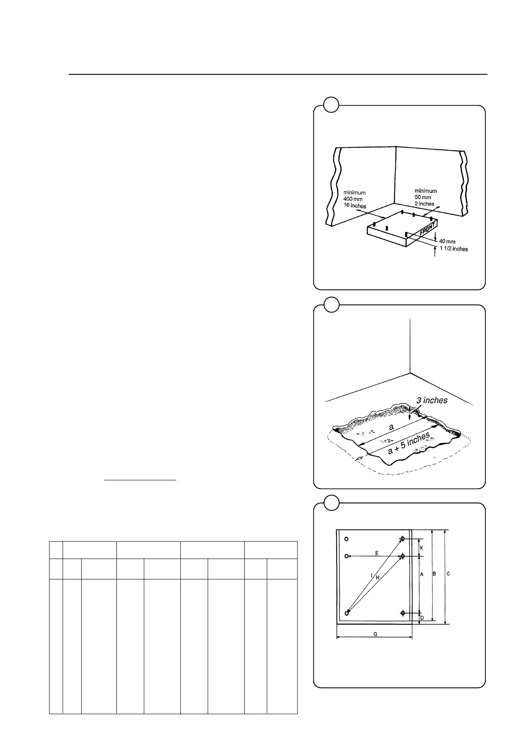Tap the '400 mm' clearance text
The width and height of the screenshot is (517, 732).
[354, 199]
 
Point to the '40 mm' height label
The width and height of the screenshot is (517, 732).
[447, 242]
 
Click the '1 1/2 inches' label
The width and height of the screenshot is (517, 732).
[454, 249]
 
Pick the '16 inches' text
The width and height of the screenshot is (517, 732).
[355, 206]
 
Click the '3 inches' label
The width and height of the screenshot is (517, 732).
[432, 400]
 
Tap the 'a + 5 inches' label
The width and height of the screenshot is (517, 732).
[409, 443]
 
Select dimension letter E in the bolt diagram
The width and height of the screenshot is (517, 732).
[377, 553]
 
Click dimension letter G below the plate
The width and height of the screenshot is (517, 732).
[375, 634]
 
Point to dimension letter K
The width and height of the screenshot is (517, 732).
[421, 548]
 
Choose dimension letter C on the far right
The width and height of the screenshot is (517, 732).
[448, 574]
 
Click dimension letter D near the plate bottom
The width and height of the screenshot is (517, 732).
[421, 618]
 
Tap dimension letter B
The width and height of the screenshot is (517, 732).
[434, 574]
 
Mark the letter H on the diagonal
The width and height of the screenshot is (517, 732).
[378, 577]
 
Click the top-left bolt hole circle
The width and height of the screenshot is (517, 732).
[346, 539]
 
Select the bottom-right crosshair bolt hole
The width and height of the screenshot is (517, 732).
[403, 613]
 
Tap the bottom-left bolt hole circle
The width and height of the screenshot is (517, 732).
[346, 613]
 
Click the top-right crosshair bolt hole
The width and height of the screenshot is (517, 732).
[403, 539]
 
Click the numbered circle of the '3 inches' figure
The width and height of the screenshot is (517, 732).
[331, 305]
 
